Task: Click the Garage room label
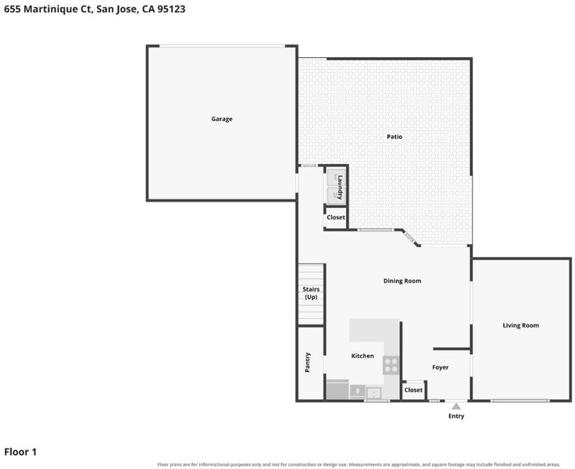222,119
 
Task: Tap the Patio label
395,137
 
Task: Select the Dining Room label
402,281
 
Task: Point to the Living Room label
521,325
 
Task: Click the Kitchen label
362,356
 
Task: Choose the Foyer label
440,367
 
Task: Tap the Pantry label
308,363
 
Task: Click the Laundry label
340,187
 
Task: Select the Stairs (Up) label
311,293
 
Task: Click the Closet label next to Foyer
413,390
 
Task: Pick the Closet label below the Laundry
336,217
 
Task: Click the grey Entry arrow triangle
456,406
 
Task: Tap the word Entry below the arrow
456,416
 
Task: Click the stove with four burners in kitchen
391,365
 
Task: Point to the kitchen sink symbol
373,393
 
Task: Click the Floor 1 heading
20,452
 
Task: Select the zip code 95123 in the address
171,9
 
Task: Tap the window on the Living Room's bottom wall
520,401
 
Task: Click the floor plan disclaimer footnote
359,464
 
